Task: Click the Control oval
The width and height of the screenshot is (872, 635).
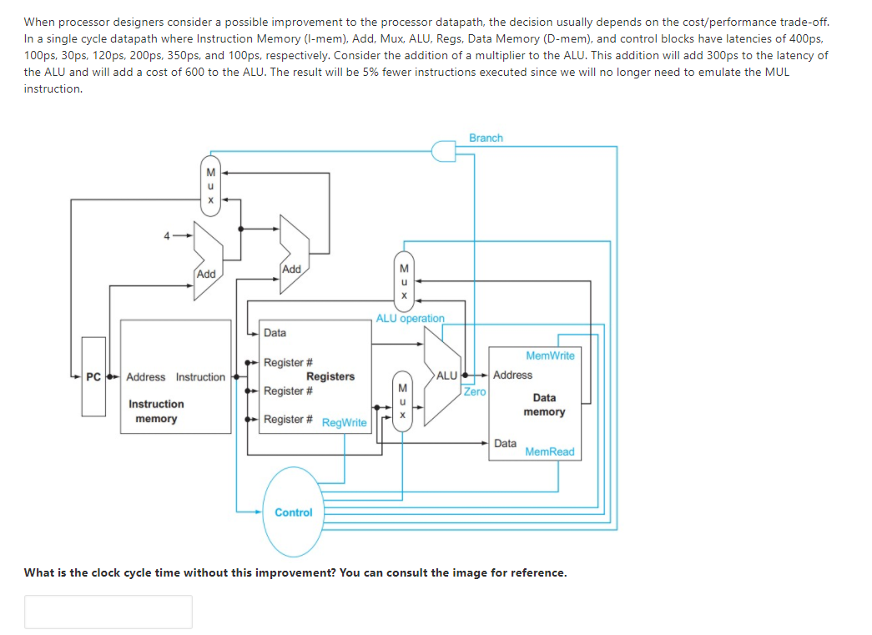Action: coord(294,512)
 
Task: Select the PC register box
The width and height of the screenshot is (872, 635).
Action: coord(93,376)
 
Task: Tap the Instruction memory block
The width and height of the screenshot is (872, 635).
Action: coord(176,376)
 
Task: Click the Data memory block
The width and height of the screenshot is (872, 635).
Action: coord(543,404)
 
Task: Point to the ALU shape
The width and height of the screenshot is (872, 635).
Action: coord(442,375)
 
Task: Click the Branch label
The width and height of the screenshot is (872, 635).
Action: coord(486,138)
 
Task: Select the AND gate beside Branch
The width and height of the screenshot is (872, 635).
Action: coord(443,150)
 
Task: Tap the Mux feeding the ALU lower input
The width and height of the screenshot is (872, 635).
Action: coord(402,401)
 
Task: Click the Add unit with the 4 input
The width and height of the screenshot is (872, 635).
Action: coord(207,260)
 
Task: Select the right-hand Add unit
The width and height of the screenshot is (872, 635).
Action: coord(292,255)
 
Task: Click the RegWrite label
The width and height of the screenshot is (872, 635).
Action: coord(344,423)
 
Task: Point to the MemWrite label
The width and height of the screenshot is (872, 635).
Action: coord(550,355)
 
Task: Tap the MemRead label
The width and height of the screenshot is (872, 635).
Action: coord(550,451)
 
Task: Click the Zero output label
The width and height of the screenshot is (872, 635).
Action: coord(475,391)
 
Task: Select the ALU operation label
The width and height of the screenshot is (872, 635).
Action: coord(410,318)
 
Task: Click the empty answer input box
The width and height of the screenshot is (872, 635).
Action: coord(108,612)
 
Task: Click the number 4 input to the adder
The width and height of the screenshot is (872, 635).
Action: coord(166,236)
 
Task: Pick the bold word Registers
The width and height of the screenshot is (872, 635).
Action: coord(330,376)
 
